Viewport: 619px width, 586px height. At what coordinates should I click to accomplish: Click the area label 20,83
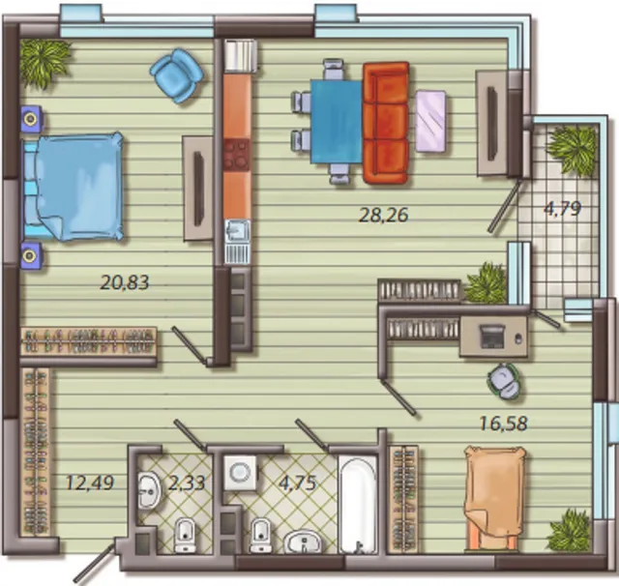pos(125,282)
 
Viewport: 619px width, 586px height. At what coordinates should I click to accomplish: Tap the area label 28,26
pos(383,215)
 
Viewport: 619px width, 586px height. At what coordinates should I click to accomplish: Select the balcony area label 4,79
pos(562,208)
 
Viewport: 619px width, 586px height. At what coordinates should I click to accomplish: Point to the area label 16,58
pos(503,424)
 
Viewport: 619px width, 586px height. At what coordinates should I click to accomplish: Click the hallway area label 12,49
pos(90,483)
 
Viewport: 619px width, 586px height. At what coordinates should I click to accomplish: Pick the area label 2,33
pos(187,483)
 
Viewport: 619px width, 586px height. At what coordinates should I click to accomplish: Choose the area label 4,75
pos(298,483)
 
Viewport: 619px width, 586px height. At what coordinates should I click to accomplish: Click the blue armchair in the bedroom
pos(176,75)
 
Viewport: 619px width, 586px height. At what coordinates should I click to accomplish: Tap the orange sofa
pos(386,123)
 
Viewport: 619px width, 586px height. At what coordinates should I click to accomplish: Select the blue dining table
pos(337,122)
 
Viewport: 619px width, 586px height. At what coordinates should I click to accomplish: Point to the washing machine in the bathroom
pos(240,472)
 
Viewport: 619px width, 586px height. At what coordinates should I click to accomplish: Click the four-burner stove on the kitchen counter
pos(237,155)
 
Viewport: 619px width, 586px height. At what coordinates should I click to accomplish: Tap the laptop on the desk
pos(491,337)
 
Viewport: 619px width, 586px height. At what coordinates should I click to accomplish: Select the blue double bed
pos(74,187)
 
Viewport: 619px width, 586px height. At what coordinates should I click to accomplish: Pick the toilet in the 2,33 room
pos(185,535)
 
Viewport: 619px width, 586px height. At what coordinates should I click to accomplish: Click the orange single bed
pos(493,498)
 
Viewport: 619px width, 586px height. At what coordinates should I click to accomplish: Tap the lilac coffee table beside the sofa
pos(430,121)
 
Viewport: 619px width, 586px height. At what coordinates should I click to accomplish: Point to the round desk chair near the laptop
pos(503,382)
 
